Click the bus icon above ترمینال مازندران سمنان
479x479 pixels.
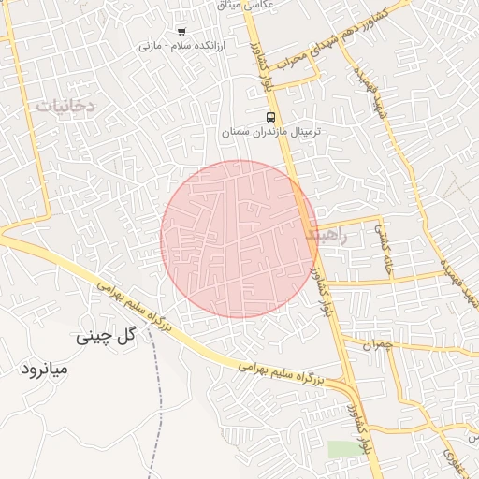click(270, 117)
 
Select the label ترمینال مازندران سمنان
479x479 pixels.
click(271, 133)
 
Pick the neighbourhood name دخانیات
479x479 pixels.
click(65, 107)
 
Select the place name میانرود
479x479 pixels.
click(45, 370)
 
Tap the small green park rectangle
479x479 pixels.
click(343, 449)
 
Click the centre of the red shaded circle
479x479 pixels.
click(239, 239)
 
